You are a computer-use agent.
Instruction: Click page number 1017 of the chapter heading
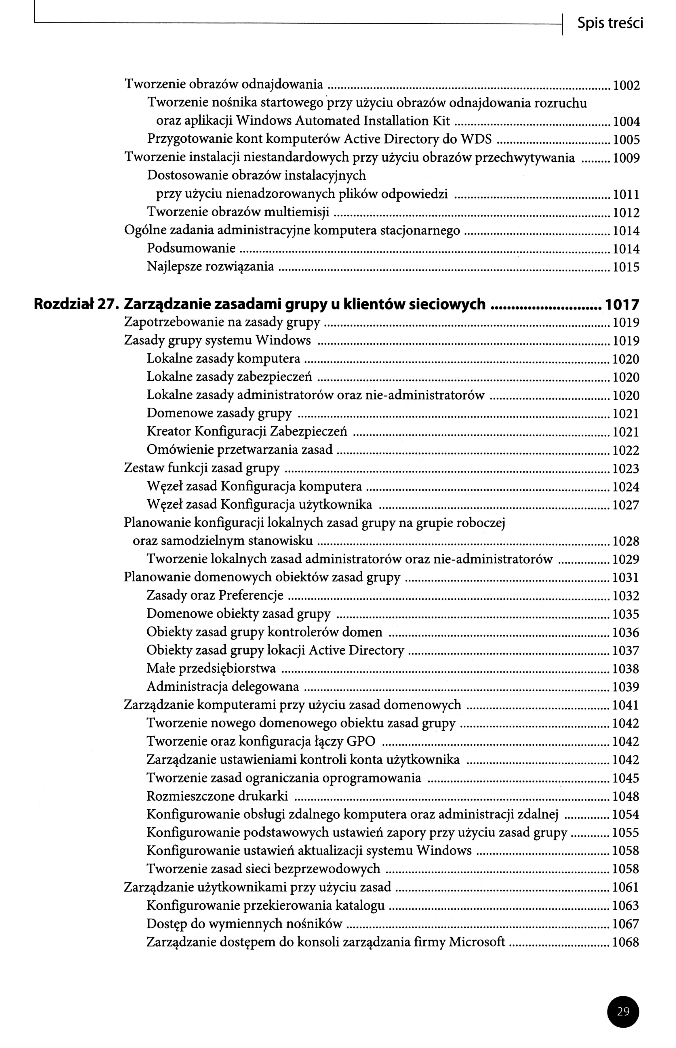[622, 304]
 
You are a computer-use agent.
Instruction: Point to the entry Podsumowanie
[191, 248]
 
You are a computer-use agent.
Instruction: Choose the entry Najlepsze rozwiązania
[210, 266]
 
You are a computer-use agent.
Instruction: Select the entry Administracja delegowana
[222, 686]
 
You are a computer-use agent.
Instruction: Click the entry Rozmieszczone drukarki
[217, 796]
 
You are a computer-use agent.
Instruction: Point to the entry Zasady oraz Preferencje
[215, 595]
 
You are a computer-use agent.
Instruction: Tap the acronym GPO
[361, 741]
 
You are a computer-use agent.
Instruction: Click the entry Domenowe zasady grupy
[219, 413]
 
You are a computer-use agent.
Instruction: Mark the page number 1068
[626, 942]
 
